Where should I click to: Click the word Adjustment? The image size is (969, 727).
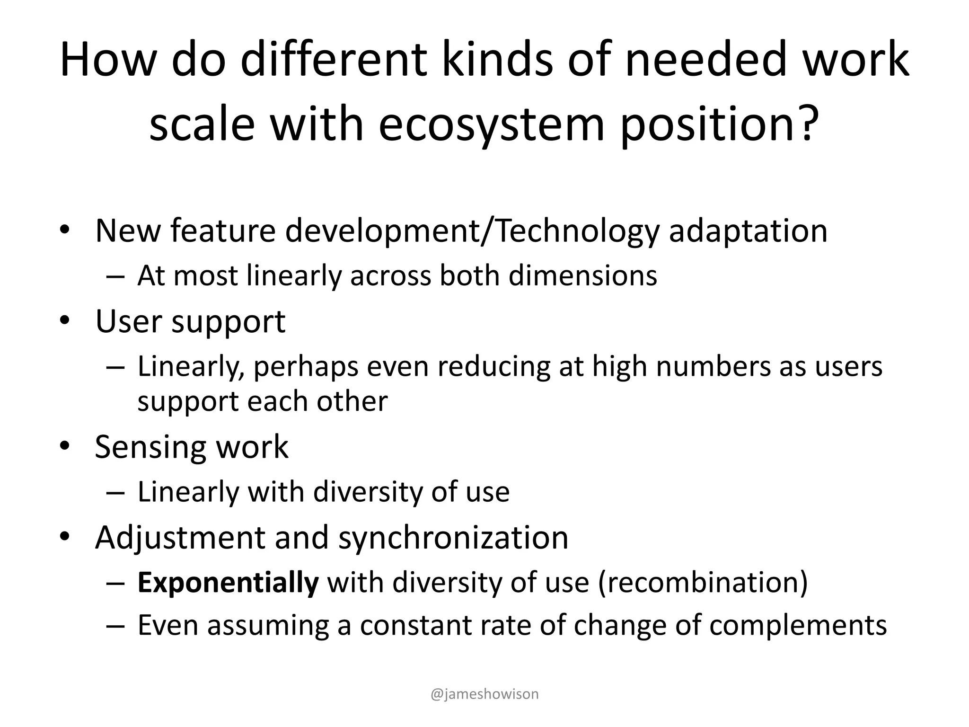click(181, 537)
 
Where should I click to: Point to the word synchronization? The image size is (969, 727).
click(453, 537)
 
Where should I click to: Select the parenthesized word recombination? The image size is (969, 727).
click(703, 582)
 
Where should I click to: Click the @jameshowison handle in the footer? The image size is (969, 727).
click(484, 694)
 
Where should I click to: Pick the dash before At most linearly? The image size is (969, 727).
click(115, 276)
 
